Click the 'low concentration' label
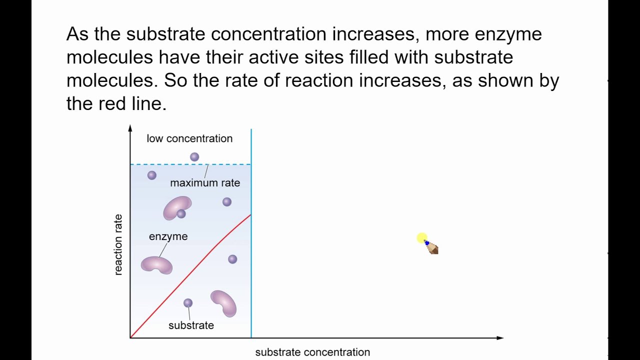click(x=189, y=138)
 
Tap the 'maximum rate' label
click(x=205, y=183)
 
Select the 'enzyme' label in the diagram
click(x=168, y=236)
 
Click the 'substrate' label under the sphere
click(x=191, y=325)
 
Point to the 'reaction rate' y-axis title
click(x=118, y=244)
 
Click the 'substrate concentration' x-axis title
click(x=312, y=352)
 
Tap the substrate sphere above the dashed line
click(x=194, y=157)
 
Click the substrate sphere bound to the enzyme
click(x=181, y=214)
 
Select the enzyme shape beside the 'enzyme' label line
click(x=156, y=265)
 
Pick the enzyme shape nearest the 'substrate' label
click(x=223, y=303)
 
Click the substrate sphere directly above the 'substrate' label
click(x=188, y=303)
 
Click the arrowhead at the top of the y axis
click(x=130, y=128)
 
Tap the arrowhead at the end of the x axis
click(x=499, y=338)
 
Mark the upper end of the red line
click(x=250, y=215)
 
